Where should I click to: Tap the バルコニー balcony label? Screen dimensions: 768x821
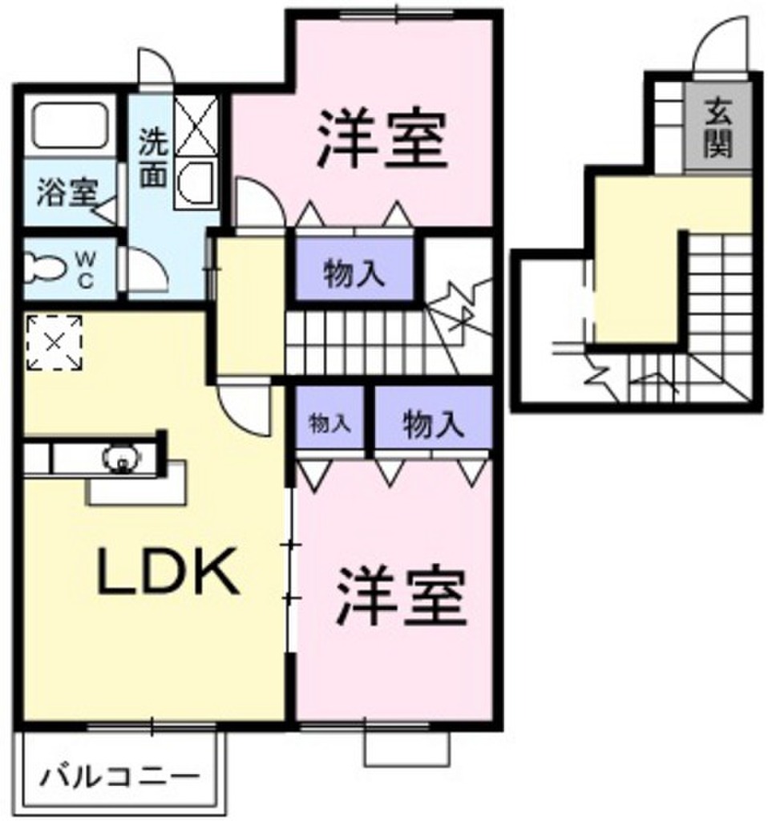[120, 774]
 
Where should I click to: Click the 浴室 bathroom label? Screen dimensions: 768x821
[67, 192]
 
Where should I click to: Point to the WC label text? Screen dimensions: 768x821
[85, 269]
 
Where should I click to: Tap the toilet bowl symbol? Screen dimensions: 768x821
[46, 268]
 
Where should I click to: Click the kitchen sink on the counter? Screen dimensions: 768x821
[122, 459]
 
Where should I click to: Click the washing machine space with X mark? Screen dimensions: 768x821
[196, 125]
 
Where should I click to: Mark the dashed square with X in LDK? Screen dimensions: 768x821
[55, 343]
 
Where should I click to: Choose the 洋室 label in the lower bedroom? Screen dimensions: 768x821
[401, 596]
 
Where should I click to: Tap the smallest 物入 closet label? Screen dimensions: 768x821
[329, 423]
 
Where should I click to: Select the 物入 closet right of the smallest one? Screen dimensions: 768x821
[433, 423]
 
